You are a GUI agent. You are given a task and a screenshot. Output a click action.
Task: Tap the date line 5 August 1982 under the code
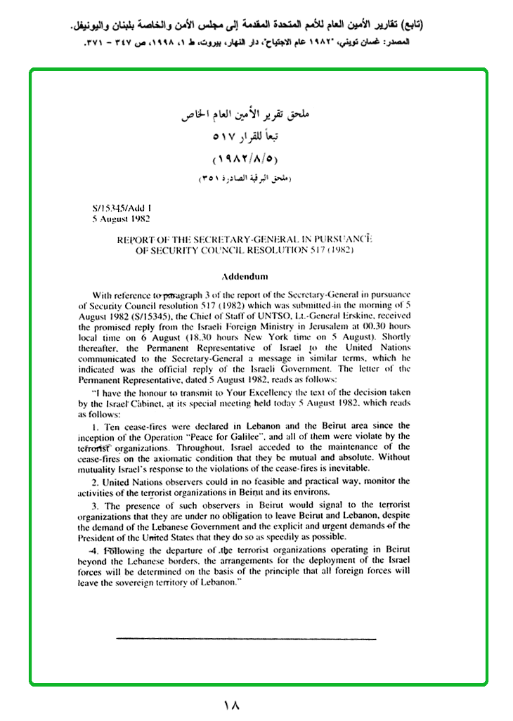(x=122, y=219)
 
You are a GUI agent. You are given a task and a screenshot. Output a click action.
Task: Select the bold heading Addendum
(x=245, y=275)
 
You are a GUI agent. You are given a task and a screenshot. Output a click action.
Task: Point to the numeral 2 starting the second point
(x=95, y=481)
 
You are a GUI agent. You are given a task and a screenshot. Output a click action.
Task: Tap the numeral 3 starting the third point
(x=95, y=505)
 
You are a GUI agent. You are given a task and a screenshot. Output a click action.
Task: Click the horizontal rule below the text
(x=246, y=639)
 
